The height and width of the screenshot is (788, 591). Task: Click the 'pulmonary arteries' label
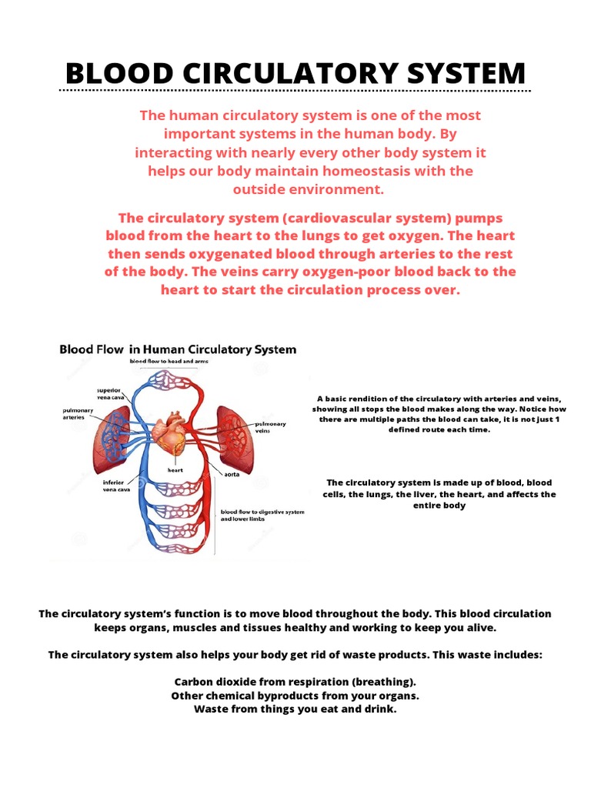[78, 413]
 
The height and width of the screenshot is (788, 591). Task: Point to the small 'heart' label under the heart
[175, 469]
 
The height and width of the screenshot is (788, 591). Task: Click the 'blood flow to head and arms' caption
[168, 360]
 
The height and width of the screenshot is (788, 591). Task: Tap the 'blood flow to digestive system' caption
[262, 511]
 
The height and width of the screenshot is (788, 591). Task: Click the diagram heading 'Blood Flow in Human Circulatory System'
[178, 349]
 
